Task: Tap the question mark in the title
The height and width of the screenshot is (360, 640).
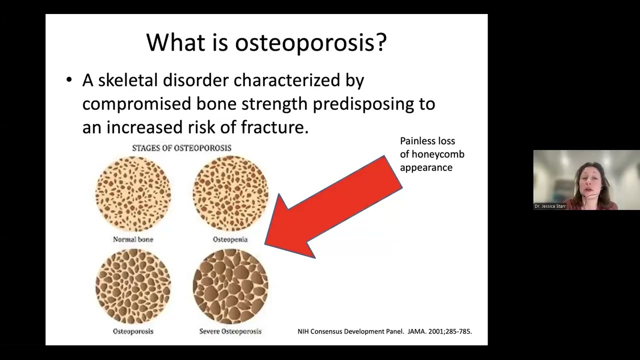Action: (x=381, y=43)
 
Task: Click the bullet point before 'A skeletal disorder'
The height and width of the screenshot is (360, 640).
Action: (x=69, y=80)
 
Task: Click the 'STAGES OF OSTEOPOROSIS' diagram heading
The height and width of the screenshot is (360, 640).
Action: (x=181, y=148)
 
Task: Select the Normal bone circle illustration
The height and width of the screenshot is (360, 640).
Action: (x=133, y=193)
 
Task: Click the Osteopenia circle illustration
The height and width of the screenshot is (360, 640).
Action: (x=230, y=193)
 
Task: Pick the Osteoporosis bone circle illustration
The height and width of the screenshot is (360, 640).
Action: (x=133, y=286)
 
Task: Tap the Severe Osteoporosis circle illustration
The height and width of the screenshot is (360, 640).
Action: (x=230, y=286)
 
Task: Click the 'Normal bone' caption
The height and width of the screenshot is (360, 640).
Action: (x=133, y=239)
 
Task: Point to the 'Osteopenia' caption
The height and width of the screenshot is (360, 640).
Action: (x=230, y=239)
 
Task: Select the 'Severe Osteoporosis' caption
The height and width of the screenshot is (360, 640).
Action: (x=230, y=331)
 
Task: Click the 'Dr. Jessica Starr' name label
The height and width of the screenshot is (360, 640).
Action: (x=550, y=206)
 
